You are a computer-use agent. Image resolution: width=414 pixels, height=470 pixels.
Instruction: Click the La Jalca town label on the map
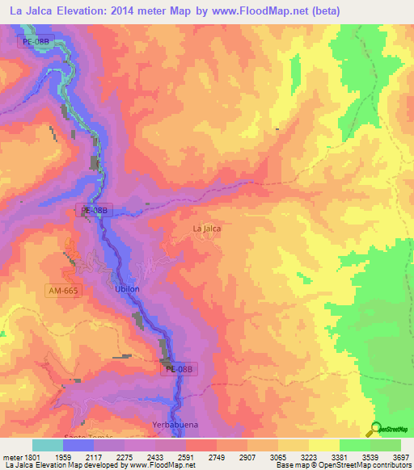coord(207,229)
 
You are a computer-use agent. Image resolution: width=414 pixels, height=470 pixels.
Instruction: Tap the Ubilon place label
coord(128,289)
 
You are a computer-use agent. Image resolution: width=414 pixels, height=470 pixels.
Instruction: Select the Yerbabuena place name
coord(174,424)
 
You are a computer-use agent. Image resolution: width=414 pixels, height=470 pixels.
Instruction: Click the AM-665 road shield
coord(62,289)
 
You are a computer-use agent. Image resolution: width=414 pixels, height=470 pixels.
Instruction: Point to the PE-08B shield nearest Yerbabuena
coord(179,369)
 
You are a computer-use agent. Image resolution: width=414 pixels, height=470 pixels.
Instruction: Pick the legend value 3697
coord(400,455)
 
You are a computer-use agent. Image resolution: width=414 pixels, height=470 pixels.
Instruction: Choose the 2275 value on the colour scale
coord(125,455)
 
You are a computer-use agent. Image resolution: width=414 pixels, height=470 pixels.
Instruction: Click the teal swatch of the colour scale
coord(48,445)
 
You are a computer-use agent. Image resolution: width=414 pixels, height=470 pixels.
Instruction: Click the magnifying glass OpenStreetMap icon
coord(375,429)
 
